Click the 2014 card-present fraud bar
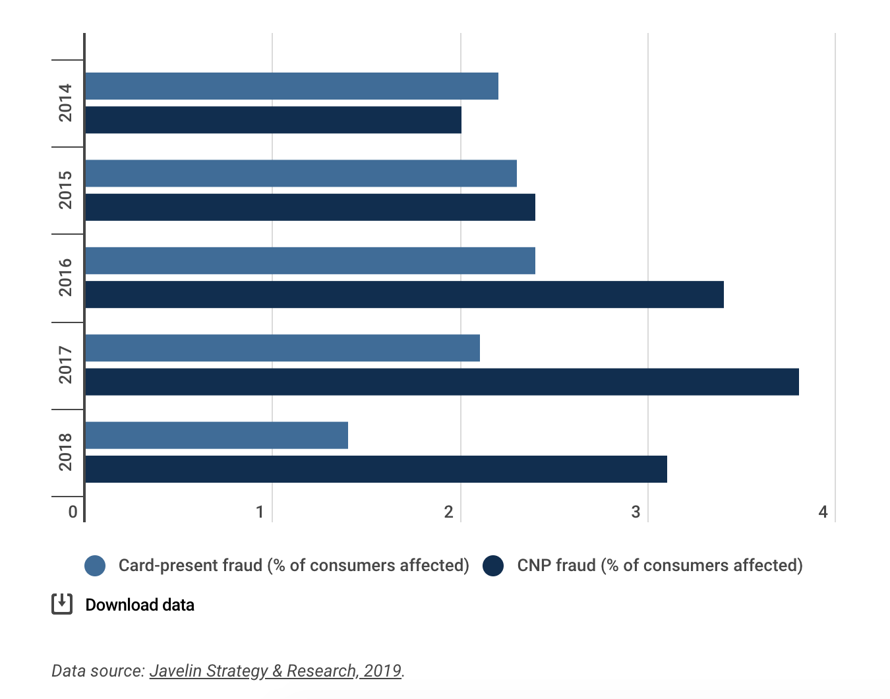click(x=291, y=86)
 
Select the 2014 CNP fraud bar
click(x=273, y=120)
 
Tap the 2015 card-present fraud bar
click(x=301, y=173)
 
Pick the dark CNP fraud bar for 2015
click(x=310, y=207)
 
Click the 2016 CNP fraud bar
click(x=404, y=294)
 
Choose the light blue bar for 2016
click(x=310, y=260)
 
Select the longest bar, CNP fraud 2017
click(x=442, y=382)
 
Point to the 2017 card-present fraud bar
click(x=282, y=348)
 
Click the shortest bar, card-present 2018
click(x=216, y=435)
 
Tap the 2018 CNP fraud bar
click(x=376, y=469)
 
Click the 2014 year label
click(x=65, y=103)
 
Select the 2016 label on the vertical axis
click(x=65, y=277)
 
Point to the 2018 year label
click(x=65, y=452)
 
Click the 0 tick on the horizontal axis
click(x=73, y=512)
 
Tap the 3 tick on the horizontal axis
click(x=636, y=512)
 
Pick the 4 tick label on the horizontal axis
click(x=823, y=512)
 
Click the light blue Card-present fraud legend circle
click(x=95, y=566)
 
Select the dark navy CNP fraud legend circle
click(x=493, y=566)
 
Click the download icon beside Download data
click(x=62, y=604)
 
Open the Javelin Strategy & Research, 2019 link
click(x=276, y=671)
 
